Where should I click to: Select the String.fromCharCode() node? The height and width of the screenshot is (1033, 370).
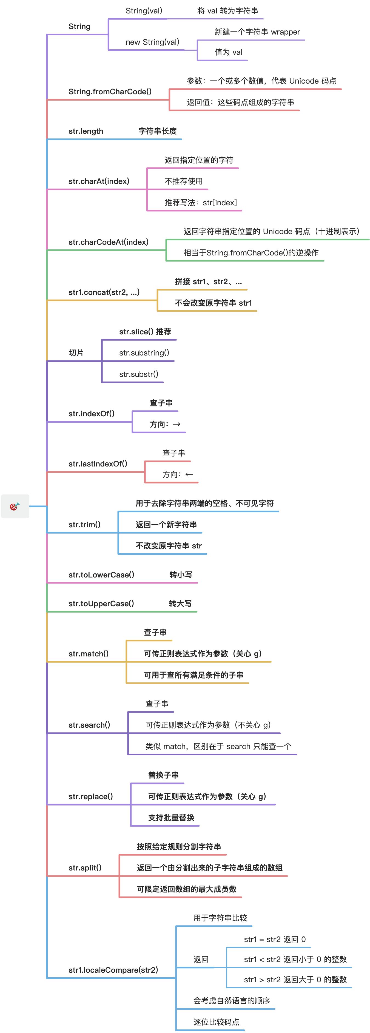pos(110,92)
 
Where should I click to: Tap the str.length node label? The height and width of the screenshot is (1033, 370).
pos(86,131)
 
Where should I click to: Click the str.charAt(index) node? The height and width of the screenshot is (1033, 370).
pos(99,181)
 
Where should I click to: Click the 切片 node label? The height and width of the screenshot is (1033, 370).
pos(76,353)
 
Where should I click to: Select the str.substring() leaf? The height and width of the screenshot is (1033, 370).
pos(144,353)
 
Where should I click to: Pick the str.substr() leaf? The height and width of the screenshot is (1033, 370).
pos(139,374)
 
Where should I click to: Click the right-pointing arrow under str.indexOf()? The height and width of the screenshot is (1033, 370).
pos(177,424)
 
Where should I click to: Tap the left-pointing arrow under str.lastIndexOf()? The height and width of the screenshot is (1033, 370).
pos(189,474)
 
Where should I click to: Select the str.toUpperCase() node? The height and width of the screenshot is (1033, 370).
pos(101,604)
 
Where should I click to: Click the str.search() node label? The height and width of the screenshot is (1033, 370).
pos(89,725)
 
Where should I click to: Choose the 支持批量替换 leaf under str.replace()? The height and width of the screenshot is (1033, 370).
pos(171,818)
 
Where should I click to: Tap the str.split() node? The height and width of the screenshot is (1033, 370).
pos(85,868)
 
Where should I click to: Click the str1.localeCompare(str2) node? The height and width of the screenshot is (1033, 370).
pos(113,970)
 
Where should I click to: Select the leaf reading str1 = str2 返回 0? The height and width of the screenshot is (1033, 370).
pos(275,939)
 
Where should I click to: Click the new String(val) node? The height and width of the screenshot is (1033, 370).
pos(152,42)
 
